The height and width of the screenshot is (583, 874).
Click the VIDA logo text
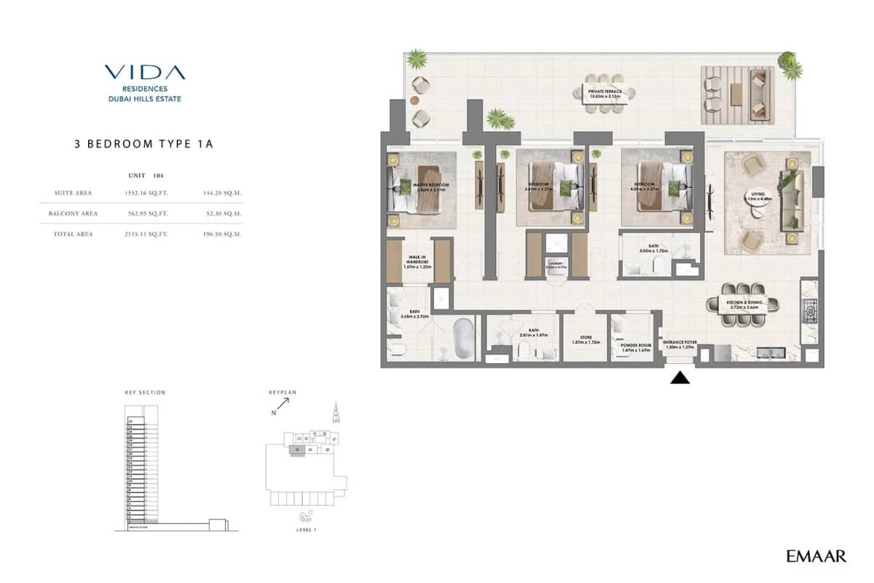tap(144, 72)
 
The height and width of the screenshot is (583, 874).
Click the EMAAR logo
tap(816, 557)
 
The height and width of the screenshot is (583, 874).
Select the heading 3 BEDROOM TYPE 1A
tap(143, 143)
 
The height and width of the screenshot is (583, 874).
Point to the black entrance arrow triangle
tap(680, 377)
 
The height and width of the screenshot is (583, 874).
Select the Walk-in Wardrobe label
tap(417, 262)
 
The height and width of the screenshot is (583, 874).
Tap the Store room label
tap(585, 338)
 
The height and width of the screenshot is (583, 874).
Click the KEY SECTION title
tap(145, 392)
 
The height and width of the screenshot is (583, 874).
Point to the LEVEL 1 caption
tap(306, 530)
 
